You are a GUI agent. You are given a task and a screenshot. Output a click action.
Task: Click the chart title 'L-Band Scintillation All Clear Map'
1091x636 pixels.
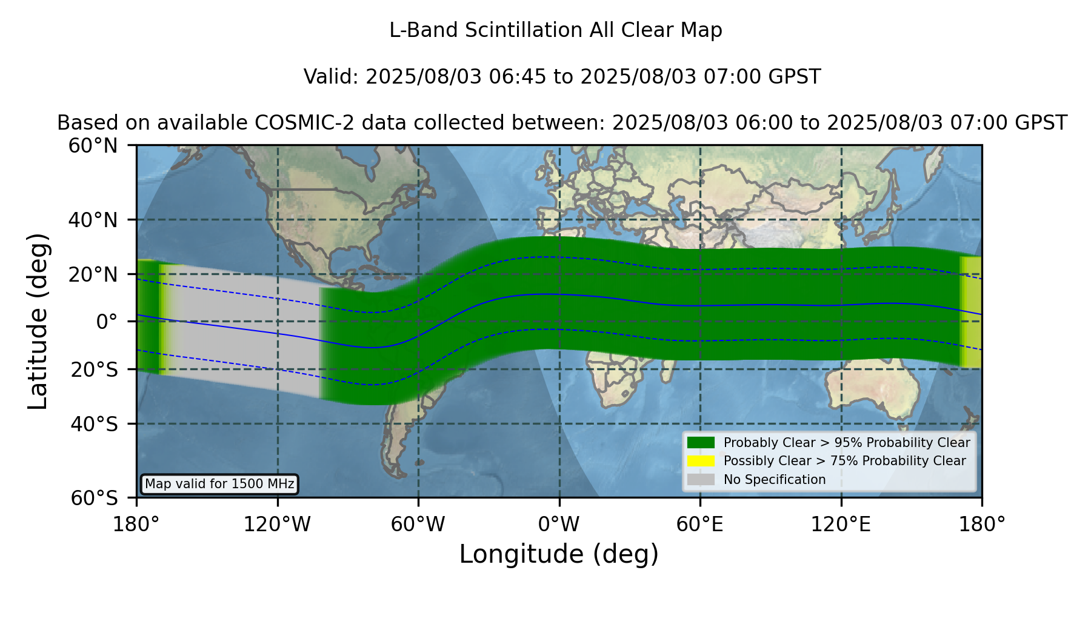coord(555,30)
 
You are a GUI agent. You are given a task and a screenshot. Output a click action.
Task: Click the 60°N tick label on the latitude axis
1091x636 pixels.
coord(93,145)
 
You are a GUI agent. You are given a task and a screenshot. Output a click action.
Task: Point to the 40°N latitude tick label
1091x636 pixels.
coord(93,220)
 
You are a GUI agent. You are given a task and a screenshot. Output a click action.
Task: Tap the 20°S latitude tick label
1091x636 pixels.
coord(95,369)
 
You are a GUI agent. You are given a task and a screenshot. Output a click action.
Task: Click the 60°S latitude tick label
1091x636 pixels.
coord(95,498)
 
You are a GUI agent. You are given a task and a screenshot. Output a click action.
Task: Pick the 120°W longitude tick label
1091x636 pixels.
coord(278,524)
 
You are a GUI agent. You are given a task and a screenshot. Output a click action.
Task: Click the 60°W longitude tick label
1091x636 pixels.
coord(418,524)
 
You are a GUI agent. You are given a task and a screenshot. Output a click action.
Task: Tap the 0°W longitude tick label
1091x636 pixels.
coord(559,524)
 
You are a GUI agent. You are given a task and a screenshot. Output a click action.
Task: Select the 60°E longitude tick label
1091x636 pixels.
coord(700,524)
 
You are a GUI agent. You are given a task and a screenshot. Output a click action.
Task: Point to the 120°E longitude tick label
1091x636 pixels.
coord(841,524)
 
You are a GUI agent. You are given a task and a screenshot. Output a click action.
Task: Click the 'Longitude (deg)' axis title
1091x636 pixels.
coord(559,554)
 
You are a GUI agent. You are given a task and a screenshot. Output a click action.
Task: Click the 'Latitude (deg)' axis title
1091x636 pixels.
coord(38,321)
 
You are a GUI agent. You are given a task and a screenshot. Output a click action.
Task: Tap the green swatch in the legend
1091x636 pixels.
coord(701,442)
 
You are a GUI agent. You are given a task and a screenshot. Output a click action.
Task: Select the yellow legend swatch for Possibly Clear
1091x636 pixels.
coord(701,461)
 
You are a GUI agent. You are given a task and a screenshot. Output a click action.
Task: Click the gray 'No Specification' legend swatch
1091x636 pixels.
coord(701,480)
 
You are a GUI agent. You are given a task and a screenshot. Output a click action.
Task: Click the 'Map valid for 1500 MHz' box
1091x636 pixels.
coord(219,484)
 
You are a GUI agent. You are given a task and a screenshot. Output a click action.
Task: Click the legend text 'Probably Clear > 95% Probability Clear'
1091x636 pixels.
coord(847,443)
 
